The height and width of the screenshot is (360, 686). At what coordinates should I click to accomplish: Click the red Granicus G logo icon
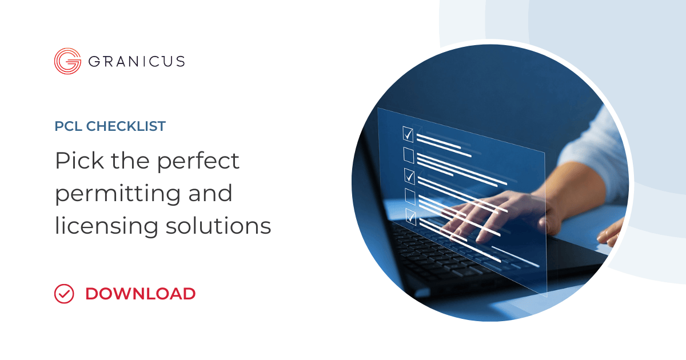tap(67, 61)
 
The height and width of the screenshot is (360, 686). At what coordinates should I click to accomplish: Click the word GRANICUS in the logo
tap(137, 61)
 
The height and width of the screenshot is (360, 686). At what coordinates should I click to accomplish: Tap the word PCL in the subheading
tap(68, 126)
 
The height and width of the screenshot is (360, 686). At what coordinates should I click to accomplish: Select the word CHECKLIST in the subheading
tap(126, 126)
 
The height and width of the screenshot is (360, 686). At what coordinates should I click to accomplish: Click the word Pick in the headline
tap(79, 161)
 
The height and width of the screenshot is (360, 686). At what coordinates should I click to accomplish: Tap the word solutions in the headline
tap(218, 225)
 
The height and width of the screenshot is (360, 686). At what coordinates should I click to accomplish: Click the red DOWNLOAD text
tap(141, 294)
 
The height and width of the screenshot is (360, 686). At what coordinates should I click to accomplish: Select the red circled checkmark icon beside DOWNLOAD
tap(64, 294)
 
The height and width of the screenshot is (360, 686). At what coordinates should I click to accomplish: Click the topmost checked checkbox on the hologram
tap(408, 134)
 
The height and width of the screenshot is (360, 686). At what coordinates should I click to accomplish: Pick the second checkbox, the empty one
tap(409, 155)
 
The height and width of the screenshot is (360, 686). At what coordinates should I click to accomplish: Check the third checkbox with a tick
tap(410, 176)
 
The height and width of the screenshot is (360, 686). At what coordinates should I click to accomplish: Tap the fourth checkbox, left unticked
tap(410, 197)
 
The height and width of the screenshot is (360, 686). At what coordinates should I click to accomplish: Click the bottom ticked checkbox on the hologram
tap(411, 217)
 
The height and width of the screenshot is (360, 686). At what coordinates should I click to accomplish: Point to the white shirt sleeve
tap(597, 153)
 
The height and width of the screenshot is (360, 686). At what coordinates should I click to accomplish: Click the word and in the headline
tap(210, 193)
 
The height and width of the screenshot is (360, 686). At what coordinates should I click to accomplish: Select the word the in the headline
tap(130, 161)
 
